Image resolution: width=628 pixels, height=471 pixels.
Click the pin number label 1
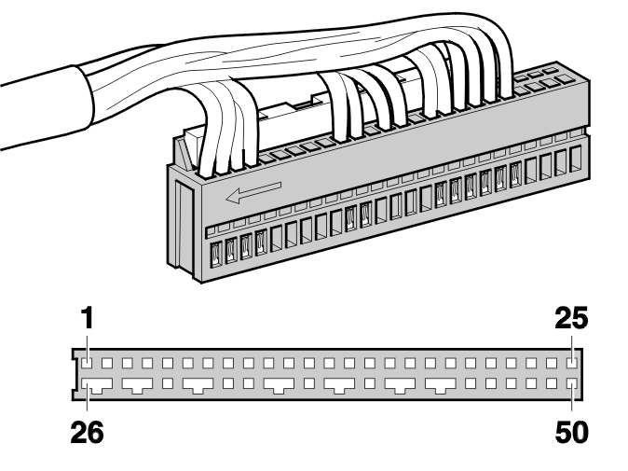pyautogui.click(x=88, y=318)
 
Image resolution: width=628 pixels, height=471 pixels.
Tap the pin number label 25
pyautogui.click(x=571, y=318)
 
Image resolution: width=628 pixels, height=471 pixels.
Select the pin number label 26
pyautogui.click(x=87, y=432)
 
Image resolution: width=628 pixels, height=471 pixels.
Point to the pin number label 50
pyautogui.click(x=571, y=432)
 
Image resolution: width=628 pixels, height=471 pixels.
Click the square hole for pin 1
pyautogui.click(x=87, y=363)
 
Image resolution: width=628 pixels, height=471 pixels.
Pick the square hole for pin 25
pyautogui.click(x=571, y=363)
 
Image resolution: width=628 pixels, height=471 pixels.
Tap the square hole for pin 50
pyautogui.click(x=571, y=383)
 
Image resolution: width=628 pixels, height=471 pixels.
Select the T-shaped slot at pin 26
pyautogui.click(x=97, y=385)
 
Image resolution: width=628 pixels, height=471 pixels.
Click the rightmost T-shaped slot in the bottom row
pyautogui.click(x=441, y=385)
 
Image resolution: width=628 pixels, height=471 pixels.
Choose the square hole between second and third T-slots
pyautogui.click(x=168, y=383)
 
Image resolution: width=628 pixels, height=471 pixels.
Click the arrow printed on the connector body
pyautogui.click(x=253, y=192)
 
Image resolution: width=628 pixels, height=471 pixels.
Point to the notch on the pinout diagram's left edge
pyautogui.click(x=75, y=375)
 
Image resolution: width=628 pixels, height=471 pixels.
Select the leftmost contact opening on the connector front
pyautogui.click(x=216, y=254)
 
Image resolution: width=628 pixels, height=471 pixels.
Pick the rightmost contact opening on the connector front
pyautogui.click(x=576, y=159)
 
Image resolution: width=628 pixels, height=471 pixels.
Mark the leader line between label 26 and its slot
pyautogui.click(x=87, y=402)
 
